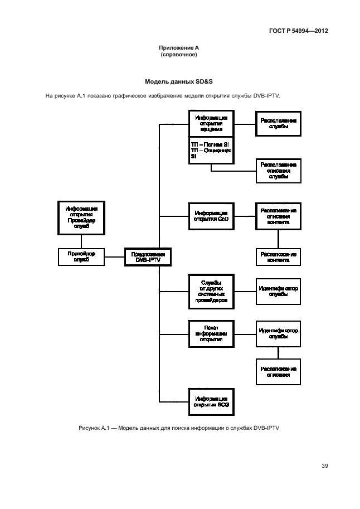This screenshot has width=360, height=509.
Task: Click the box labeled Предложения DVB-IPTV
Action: pyautogui.click(x=147, y=256)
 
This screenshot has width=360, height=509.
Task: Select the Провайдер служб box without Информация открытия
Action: pyautogui.click(x=82, y=256)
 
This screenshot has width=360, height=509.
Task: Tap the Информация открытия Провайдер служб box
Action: pyautogui.click(x=82, y=217)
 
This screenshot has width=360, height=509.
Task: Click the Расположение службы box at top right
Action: pyautogui.click(x=278, y=124)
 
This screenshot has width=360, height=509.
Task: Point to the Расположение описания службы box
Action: pyautogui.click(x=278, y=171)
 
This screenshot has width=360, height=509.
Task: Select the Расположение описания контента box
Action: pyautogui.click(x=278, y=216)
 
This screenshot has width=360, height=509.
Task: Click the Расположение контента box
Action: pyautogui.click(x=278, y=257)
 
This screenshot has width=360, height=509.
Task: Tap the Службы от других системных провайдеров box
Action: pyautogui.click(x=211, y=292)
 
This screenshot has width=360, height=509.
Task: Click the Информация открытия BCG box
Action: pyautogui.click(x=211, y=401)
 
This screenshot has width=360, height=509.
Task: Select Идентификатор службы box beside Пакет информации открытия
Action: pyautogui.click(x=278, y=333)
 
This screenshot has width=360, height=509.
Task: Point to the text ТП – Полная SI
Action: pyautogui.click(x=210, y=144)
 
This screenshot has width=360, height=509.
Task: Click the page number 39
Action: pyautogui.click(x=324, y=467)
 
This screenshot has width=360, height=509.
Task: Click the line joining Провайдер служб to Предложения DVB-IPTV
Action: pyautogui.click(x=114, y=256)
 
